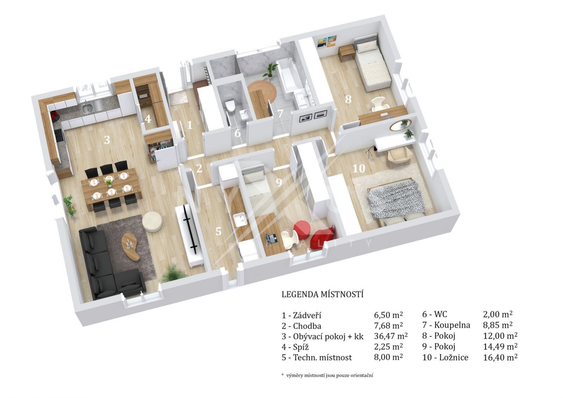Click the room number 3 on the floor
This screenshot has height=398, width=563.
coord(107,140)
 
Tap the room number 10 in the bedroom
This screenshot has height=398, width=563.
coord(359,168)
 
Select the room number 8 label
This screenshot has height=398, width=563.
coord(348,99)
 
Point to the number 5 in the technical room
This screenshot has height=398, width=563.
coord(218,231)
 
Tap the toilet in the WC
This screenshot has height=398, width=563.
coord(230,106)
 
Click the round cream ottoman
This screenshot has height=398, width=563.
coord(152,222)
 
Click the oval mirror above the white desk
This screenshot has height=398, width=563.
coord(400,125)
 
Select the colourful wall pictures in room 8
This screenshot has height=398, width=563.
coord(327,42)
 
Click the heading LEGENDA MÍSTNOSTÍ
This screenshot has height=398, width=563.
coord(323,294)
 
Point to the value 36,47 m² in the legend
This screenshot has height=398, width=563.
coord(391,336)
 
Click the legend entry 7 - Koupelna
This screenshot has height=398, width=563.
coord(446,325)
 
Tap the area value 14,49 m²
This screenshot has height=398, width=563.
coord(500,347)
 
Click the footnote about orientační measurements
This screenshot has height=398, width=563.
coord(327,375)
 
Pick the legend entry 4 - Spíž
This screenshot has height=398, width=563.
coord(295,347)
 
